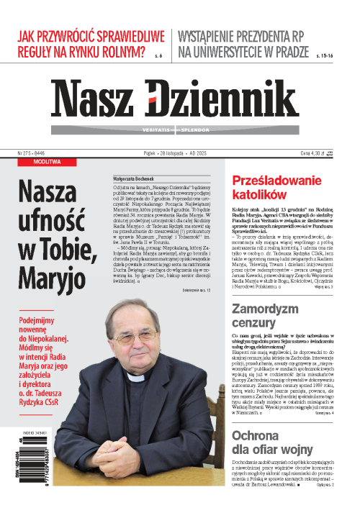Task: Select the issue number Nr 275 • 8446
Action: click(31, 152)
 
